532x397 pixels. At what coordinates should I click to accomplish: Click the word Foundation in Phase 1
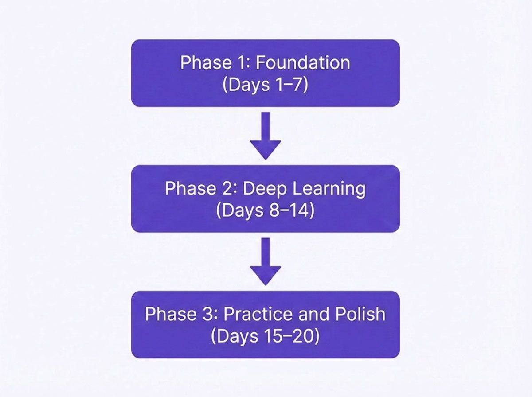point(303,63)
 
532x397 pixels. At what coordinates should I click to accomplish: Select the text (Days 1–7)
point(265,85)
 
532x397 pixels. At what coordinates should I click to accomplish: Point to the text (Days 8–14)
point(265,210)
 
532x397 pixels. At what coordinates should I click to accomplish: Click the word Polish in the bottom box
point(360,314)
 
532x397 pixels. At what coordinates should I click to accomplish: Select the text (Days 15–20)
point(265,336)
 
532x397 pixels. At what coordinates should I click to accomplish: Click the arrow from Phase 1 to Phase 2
point(265,136)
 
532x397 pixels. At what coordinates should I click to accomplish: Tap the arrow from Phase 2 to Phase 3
point(265,261)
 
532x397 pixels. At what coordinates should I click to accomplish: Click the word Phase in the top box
point(205,63)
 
